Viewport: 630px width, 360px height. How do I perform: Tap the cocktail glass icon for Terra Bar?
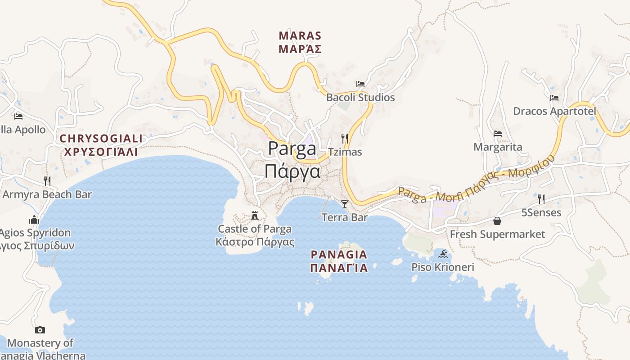pyautogui.click(x=345, y=204)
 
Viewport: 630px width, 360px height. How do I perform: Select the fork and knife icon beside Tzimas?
pyautogui.click(x=345, y=138)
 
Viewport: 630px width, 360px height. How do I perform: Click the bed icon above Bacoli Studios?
pyautogui.click(x=360, y=84)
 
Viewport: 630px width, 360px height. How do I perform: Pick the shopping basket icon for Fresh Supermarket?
pyautogui.click(x=497, y=220)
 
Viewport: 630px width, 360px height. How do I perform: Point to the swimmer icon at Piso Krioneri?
pyautogui.click(x=443, y=254)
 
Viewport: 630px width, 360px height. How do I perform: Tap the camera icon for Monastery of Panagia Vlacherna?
pyautogui.click(x=40, y=330)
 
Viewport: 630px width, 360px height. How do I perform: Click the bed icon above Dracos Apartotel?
pyautogui.click(x=554, y=98)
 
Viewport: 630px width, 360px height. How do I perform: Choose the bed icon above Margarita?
pyautogui.click(x=497, y=133)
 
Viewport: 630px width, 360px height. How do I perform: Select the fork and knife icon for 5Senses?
pyautogui.click(x=541, y=199)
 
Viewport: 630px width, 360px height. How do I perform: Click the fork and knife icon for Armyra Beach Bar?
pyautogui.click(x=47, y=181)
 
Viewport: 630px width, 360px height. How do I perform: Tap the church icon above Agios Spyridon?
pyautogui.click(x=34, y=220)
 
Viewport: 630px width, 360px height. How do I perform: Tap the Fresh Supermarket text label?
pyautogui.click(x=497, y=234)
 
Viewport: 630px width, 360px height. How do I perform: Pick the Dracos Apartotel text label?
pyautogui.click(x=554, y=111)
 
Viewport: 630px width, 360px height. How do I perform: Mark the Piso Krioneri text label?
pyautogui.click(x=443, y=267)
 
